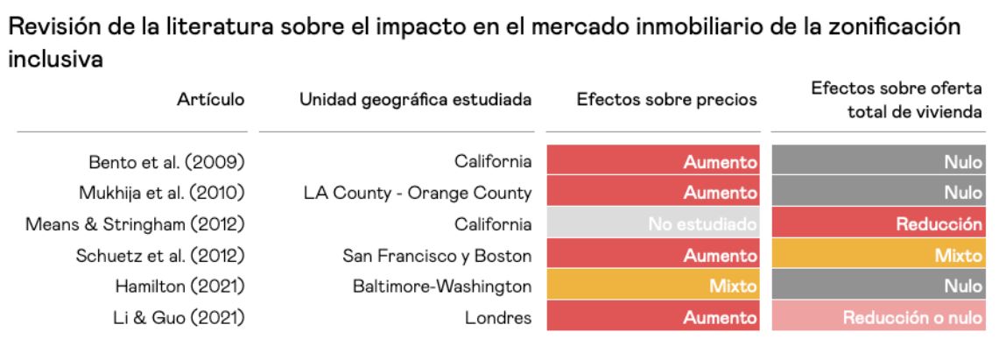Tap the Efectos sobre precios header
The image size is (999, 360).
pyautogui.click(x=665, y=100)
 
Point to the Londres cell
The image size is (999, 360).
pyautogui.click(x=502, y=318)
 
